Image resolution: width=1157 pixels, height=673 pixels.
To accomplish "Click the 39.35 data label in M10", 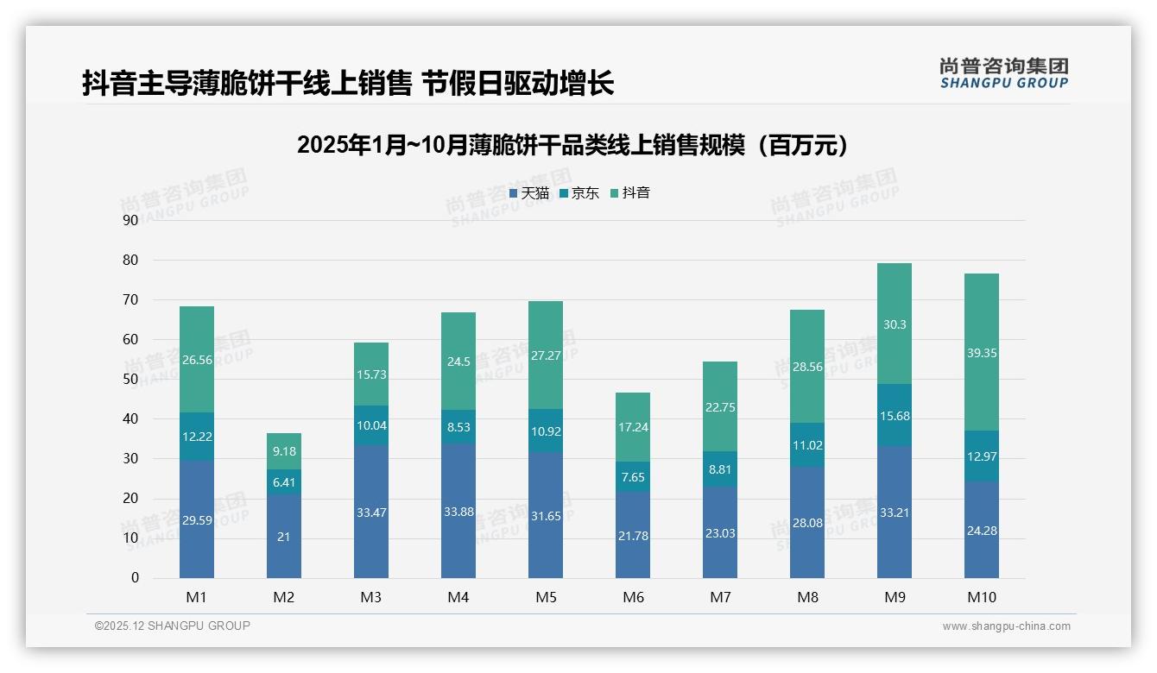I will pos(982,353).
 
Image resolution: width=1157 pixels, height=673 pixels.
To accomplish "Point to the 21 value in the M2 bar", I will pos(284,536).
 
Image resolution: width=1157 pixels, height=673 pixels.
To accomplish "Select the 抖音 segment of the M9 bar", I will pos(895,324).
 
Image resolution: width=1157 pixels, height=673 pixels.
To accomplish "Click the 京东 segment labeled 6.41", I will pos(284,482).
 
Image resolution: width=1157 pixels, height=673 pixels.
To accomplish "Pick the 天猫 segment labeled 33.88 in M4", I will pos(458,512).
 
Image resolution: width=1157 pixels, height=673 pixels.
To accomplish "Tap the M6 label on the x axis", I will pos(633,597).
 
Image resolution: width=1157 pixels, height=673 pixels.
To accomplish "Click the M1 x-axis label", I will pos(197,597).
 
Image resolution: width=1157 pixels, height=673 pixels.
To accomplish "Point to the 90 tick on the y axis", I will pos(130,220).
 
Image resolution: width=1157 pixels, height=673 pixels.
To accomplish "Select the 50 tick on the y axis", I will pos(130,380).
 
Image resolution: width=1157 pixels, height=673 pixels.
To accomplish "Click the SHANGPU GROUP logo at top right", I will pos(1004,73).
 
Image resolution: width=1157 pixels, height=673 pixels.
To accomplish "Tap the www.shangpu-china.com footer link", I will pos(1006,626).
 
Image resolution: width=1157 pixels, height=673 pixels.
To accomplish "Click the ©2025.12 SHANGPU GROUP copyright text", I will pos(173,626).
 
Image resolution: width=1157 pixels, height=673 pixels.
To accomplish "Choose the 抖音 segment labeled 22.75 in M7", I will pos(720,407).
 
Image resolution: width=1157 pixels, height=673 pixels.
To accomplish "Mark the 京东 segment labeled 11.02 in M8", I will pos(807,446).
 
